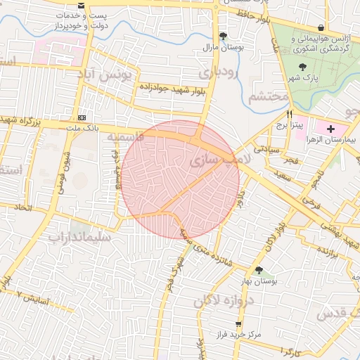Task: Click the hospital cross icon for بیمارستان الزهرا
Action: [x=331, y=129]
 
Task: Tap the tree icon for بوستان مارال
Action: [x=224, y=36]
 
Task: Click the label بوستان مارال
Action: [x=222, y=48]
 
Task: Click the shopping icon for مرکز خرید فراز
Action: [x=238, y=324]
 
